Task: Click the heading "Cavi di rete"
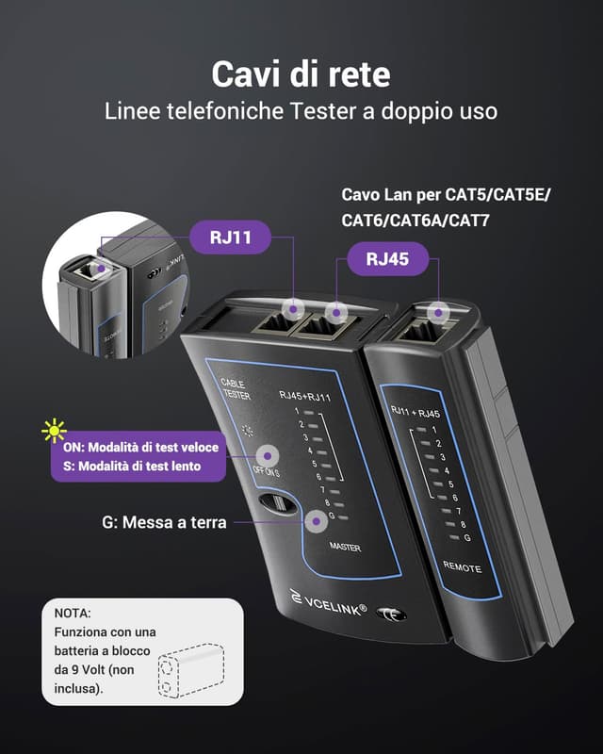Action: click(x=301, y=74)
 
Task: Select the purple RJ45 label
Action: click(x=387, y=259)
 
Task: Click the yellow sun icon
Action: click(x=54, y=431)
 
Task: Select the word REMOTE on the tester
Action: click(x=462, y=568)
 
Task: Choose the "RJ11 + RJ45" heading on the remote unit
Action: click(x=416, y=411)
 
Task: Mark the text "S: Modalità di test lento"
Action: click(x=139, y=467)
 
